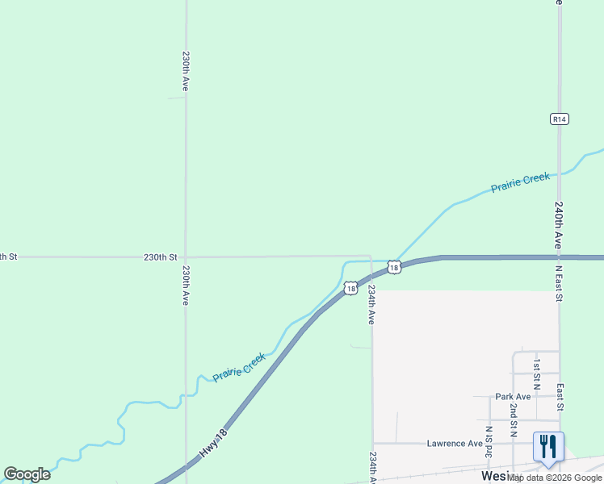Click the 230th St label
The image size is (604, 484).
pyautogui.click(x=161, y=257)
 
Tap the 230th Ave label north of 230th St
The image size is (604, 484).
pyautogui.click(x=186, y=71)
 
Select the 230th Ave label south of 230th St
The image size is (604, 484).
pyautogui.click(x=186, y=285)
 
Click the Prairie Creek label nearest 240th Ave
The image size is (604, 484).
pyautogui.click(x=520, y=182)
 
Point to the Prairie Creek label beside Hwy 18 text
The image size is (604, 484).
pyautogui.click(x=238, y=367)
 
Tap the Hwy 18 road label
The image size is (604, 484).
pyautogui.click(x=212, y=445)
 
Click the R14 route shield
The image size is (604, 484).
pyautogui.click(x=559, y=119)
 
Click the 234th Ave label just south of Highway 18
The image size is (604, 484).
pyautogui.click(x=371, y=304)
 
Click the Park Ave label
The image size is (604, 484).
pyautogui.click(x=514, y=397)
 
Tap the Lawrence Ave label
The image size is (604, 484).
pyautogui.click(x=455, y=443)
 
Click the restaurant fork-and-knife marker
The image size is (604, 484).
pyautogui.click(x=548, y=446)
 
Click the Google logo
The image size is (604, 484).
pyautogui.click(x=27, y=474)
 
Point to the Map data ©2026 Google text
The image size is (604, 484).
pyautogui.click(x=555, y=478)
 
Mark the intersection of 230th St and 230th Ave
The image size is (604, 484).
pyautogui.click(x=186, y=257)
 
